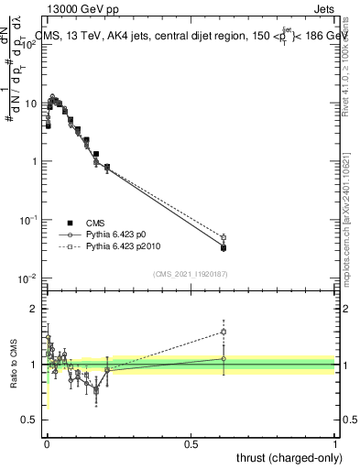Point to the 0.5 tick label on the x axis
point(191,444)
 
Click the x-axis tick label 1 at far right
point(335,444)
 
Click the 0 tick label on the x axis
point(47,444)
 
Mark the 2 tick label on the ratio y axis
point(32,309)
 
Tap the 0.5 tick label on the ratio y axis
point(27,420)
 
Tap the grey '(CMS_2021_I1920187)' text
point(191,273)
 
